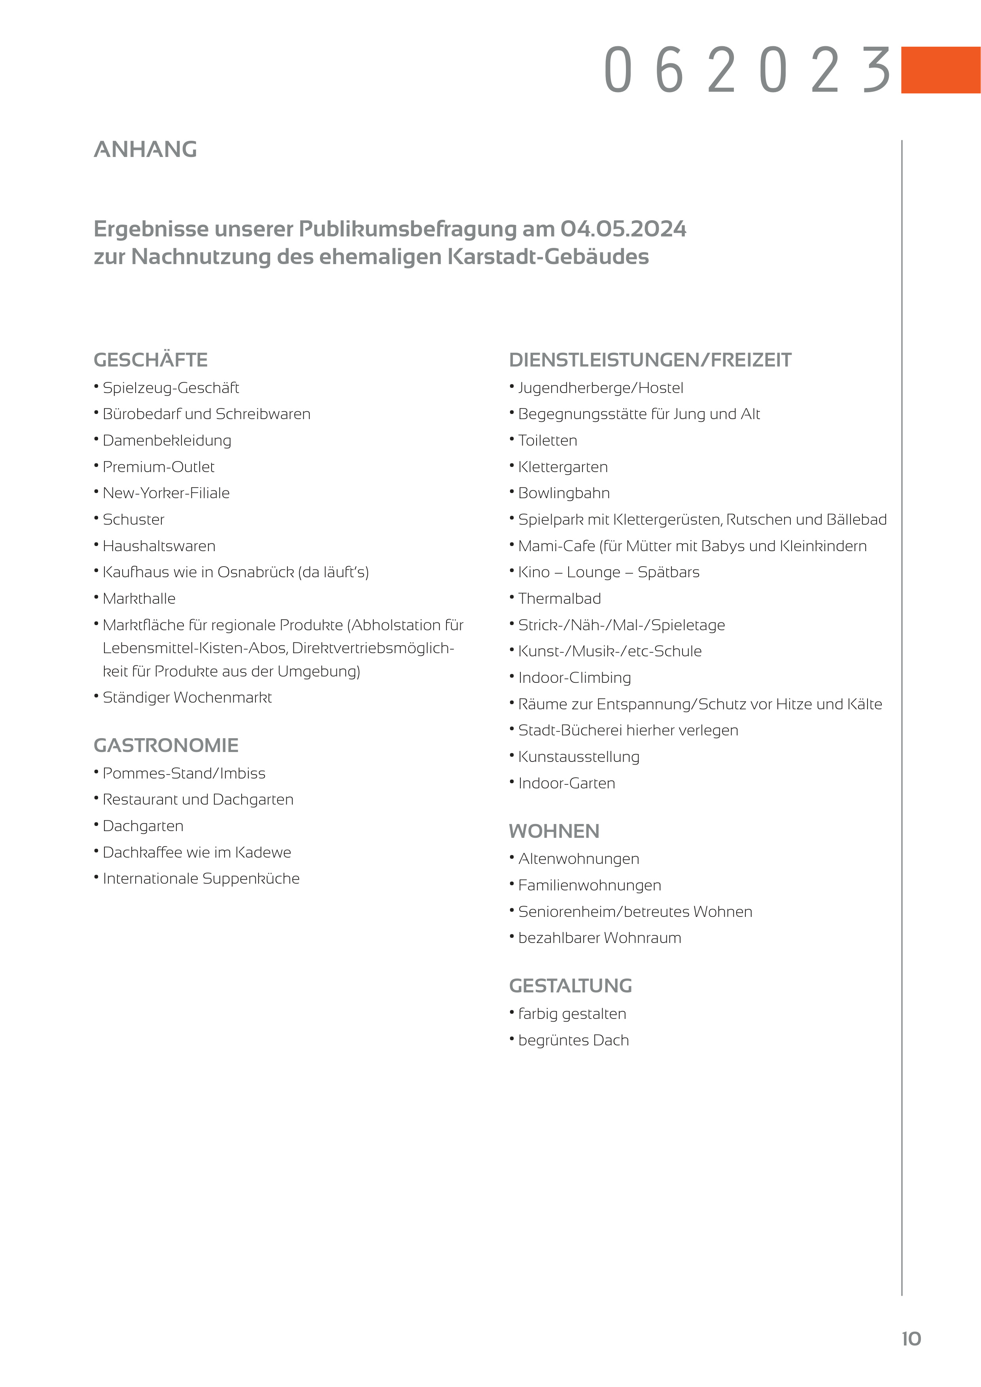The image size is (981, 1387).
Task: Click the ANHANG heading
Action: tap(146, 149)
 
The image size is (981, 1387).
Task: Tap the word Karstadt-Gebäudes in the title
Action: tap(548, 257)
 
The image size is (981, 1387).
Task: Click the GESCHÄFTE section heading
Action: tap(150, 360)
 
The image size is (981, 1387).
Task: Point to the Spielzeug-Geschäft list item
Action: tap(170, 388)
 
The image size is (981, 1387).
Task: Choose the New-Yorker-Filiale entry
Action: tap(166, 493)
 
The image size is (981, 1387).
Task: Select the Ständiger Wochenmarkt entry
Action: tap(187, 698)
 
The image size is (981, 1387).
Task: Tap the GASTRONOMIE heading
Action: tap(166, 745)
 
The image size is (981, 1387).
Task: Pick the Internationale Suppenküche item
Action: tap(201, 879)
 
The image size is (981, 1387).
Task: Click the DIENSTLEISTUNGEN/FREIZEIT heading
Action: tap(650, 360)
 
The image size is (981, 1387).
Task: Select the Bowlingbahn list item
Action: tap(563, 493)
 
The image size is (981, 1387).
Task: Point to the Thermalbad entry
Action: tap(559, 599)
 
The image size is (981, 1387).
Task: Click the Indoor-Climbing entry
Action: tap(575, 678)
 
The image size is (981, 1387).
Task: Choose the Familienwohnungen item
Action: tap(590, 886)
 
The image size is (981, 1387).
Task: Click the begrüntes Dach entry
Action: tap(573, 1040)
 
